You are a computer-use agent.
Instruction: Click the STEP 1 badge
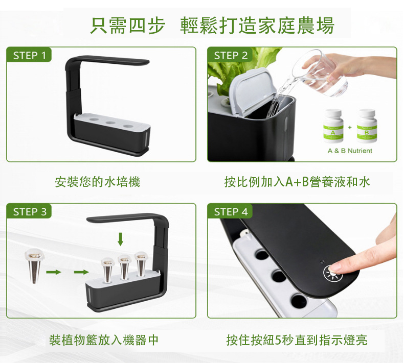pos(29,55)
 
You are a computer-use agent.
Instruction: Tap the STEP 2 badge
pos(230,55)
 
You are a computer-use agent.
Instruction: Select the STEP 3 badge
pos(29,211)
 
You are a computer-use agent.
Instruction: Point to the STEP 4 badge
pos(230,211)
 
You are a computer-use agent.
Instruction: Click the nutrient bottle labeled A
pos(333,126)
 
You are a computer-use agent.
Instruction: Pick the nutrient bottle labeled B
pos(367,126)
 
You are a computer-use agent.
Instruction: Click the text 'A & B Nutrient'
pos(350,151)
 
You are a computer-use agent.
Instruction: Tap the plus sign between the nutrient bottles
pos(350,127)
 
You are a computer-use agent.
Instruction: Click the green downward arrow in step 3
pos(120,239)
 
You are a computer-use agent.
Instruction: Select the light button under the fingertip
pos(333,274)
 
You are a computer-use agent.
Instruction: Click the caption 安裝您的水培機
pos(97,182)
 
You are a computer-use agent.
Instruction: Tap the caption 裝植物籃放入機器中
pos(104,340)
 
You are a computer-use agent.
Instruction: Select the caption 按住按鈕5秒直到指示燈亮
pos(297,340)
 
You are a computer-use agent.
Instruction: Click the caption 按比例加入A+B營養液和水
pos(297,182)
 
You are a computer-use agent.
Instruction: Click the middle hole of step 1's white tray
pos(110,123)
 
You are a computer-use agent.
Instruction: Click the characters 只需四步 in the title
pos(128,26)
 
